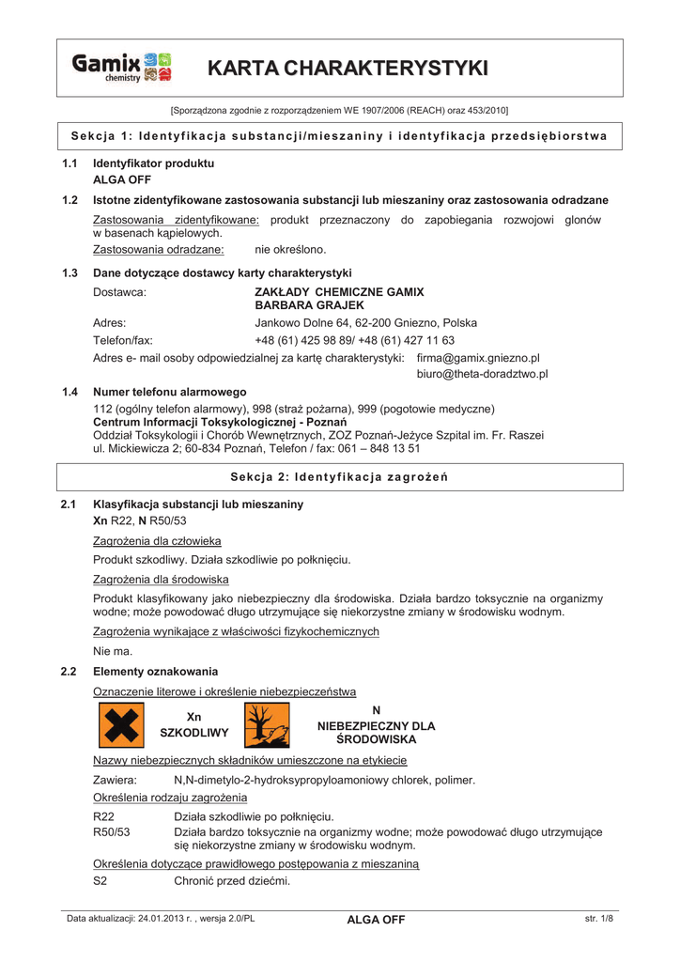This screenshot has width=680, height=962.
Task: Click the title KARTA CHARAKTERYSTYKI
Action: point(348,68)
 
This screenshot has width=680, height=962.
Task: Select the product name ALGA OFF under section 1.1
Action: point(122,178)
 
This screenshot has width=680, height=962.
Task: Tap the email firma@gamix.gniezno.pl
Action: point(478,358)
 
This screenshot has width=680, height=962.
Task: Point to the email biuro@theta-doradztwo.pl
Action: point(482,374)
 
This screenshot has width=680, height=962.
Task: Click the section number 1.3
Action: point(68,272)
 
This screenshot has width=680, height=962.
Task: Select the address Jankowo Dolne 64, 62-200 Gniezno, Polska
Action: point(366,322)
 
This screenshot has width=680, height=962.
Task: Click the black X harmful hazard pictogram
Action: point(119,726)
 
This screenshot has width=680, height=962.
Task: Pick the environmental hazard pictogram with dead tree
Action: point(267,726)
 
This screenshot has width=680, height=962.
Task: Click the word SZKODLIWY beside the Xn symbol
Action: point(195,732)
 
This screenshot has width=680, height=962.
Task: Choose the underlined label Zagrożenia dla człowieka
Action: point(157,541)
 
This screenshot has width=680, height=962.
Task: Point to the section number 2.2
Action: point(68,672)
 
